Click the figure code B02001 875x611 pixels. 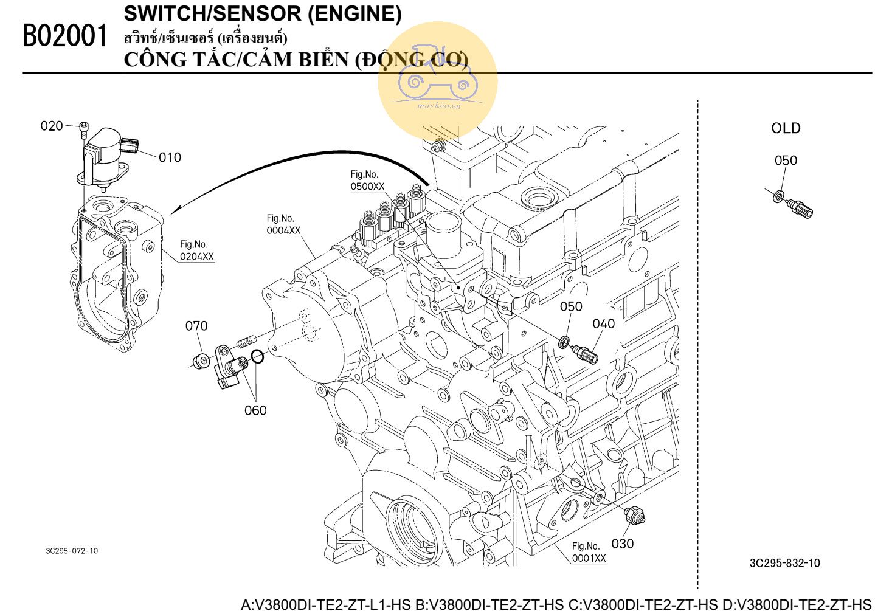64,36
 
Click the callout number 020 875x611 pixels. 52,126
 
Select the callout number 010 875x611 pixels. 170,157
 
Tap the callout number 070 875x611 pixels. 196,326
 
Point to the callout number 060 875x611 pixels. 255,410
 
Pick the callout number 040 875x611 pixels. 603,323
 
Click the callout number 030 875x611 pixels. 622,544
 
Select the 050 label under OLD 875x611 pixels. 786,161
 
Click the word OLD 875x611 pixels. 786,128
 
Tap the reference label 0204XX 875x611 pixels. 197,257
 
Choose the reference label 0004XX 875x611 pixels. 283,230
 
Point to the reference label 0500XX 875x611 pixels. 367,187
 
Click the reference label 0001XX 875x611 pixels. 589,558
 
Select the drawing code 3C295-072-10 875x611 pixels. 72,551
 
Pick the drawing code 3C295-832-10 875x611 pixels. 784,563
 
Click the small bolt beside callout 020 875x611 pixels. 84,128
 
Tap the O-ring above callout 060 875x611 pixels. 258,356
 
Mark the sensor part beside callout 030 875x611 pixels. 635,516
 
